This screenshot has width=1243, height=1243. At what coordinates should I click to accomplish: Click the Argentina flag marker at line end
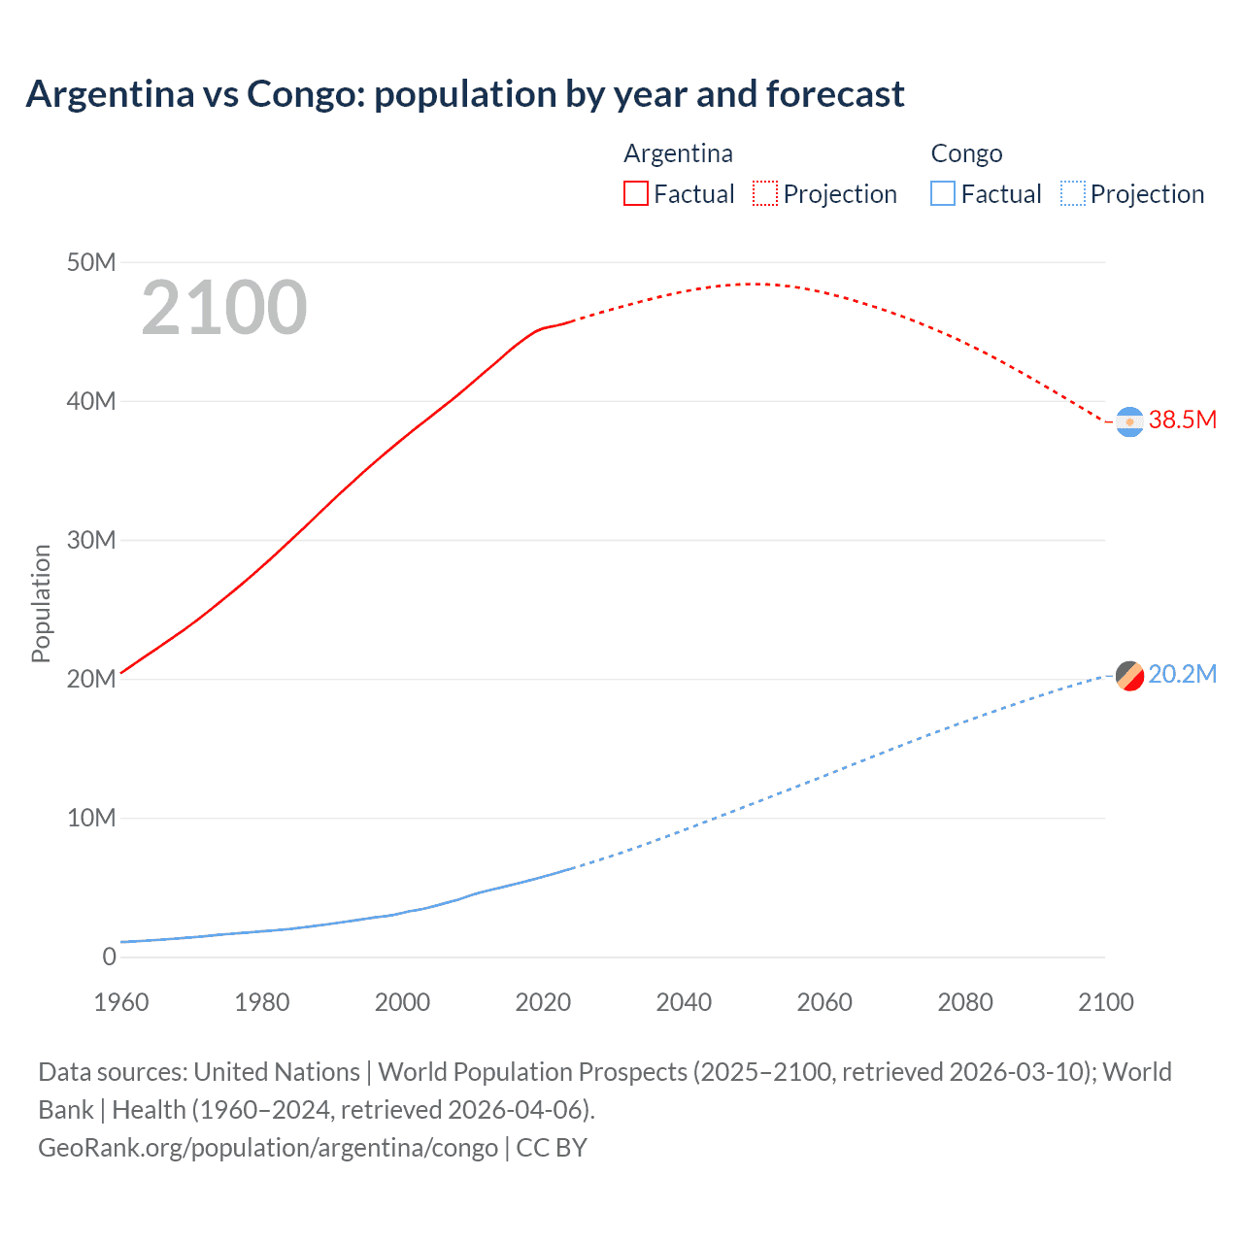[1129, 422]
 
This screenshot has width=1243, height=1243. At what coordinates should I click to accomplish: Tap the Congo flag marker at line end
[1129, 675]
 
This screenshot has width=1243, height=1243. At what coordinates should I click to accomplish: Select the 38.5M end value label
[1182, 420]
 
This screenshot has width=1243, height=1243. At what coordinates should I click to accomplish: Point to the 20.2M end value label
[1182, 674]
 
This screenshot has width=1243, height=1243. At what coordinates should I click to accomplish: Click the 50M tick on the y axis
[91, 262]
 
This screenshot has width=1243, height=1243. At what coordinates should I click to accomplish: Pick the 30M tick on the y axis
[91, 540]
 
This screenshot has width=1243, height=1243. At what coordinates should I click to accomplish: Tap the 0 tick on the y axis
[109, 957]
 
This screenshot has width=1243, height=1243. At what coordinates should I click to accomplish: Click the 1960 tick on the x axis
[121, 1002]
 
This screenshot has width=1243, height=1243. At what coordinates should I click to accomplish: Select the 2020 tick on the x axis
[543, 1002]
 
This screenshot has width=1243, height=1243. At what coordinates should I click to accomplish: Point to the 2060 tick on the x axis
[824, 1002]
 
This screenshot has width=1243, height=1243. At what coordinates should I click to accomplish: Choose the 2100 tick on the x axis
[1105, 1002]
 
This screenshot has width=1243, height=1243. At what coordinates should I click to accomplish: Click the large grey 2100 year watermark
[224, 308]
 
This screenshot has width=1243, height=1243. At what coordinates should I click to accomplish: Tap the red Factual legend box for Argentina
[636, 193]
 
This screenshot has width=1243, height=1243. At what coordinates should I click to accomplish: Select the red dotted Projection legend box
[765, 193]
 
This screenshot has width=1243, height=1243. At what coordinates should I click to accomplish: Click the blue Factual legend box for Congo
[943, 193]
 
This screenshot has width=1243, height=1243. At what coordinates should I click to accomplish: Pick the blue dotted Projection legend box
[1073, 193]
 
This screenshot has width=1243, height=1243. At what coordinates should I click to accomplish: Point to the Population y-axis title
[41, 603]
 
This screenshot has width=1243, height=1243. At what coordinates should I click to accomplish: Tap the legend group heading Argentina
[678, 153]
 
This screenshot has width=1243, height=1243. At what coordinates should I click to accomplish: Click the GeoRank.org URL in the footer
[268, 1147]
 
